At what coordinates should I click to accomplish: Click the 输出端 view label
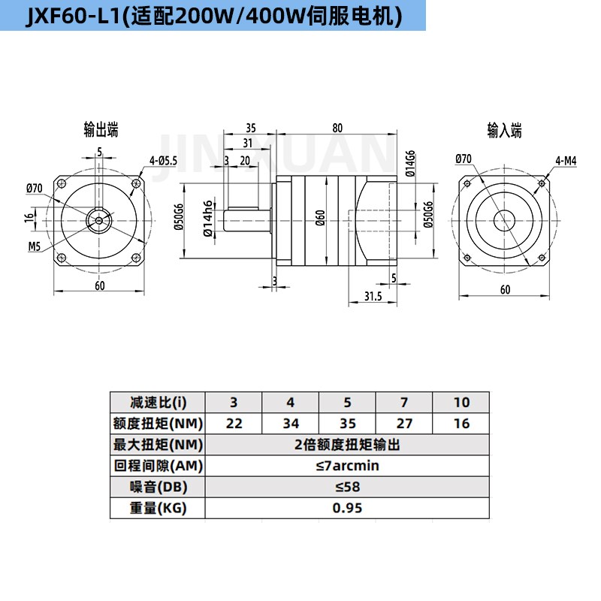[101, 131]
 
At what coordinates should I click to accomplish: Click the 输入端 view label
[504, 131]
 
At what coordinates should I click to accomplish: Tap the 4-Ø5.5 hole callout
[163, 160]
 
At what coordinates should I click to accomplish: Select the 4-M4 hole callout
[566, 160]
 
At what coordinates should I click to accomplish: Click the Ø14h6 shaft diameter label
[207, 218]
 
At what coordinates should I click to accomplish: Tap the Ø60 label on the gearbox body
[320, 219]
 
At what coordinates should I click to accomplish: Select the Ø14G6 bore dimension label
[410, 164]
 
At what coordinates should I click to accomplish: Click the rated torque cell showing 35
[347, 423]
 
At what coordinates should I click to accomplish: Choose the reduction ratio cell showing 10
[461, 402]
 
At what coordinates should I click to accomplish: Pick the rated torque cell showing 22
[234, 423]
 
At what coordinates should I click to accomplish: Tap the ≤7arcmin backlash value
[347, 466]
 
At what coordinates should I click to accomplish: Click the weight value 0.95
[347, 508]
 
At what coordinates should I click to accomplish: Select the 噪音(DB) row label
[157, 487]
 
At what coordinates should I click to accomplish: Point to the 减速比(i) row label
[157, 402]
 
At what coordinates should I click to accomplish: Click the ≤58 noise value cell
[347, 487]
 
